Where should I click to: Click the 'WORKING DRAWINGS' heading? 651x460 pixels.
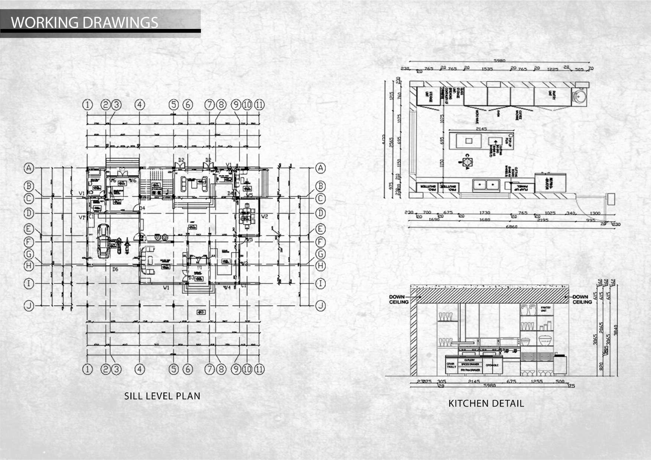coord(85,23)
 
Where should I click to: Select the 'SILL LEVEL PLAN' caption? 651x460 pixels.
coord(162,396)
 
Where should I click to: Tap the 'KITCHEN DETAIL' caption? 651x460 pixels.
coord(486,404)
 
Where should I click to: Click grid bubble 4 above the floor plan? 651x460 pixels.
coord(140,105)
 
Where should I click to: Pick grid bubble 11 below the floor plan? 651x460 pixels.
coord(259,369)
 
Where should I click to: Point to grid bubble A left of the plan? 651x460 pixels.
coord(29,168)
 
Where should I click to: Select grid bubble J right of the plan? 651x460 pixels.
coord(320,306)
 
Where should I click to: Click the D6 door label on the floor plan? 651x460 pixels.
coord(115,269)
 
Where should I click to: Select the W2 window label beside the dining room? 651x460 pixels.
coord(265,216)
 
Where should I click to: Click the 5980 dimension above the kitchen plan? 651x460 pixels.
coord(499,60)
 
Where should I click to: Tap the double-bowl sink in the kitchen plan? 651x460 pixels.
coord(485,184)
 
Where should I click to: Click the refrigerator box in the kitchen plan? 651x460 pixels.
coord(550,183)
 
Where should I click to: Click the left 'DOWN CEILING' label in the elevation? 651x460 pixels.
coord(398,299)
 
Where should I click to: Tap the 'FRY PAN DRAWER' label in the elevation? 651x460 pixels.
coord(471,370)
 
